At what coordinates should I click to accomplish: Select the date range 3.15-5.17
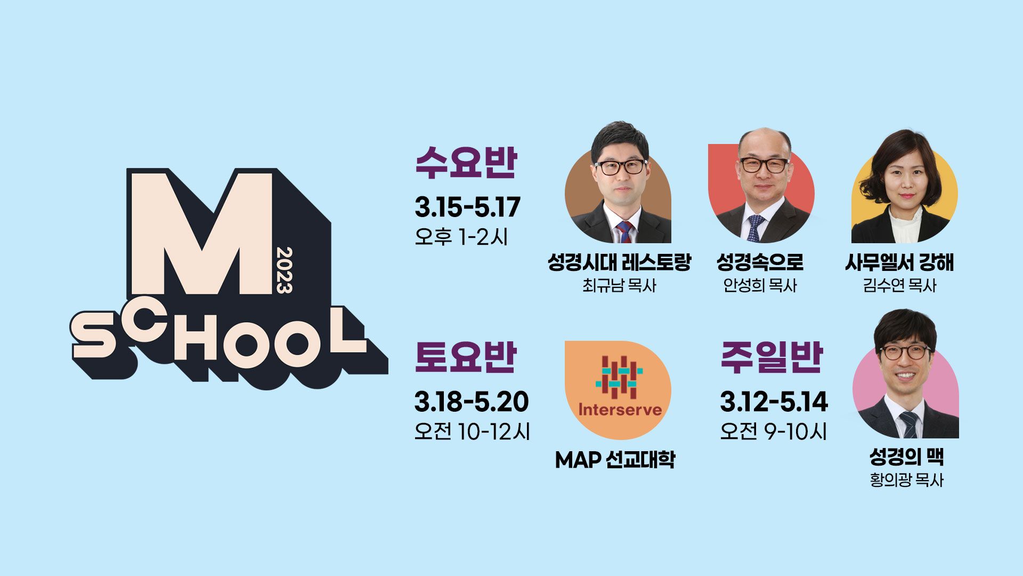tap(467, 207)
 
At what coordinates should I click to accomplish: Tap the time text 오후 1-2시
tap(461, 237)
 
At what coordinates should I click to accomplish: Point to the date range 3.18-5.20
tap(472, 402)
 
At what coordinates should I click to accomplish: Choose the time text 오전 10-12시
tap(472, 431)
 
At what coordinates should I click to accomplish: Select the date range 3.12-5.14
tap(774, 402)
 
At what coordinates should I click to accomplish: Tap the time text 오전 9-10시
tap(773, 431)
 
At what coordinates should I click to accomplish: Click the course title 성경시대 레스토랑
tap(619, 262)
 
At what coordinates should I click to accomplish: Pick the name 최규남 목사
tap(619, 285)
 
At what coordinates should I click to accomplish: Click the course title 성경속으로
tap(760, 262)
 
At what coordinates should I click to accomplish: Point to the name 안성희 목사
tap(760, 285)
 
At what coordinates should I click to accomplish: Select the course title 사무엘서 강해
tap(899, 262)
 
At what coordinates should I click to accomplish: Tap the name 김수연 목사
tap(899, 285)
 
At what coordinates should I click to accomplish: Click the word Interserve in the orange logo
tap(620, 410)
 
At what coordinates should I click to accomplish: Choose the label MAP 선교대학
tap(615, 459)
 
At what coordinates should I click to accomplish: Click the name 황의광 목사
tap(906, 480)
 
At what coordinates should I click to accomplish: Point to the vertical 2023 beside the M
tap(285, 270)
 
